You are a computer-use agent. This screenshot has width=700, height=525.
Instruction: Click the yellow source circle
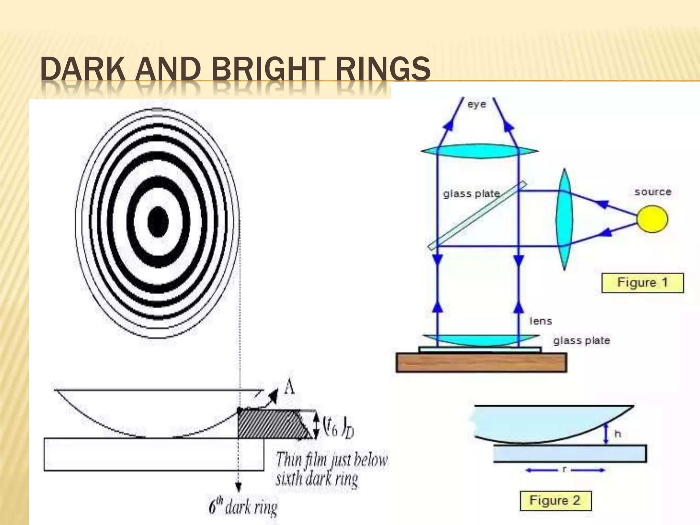tap(652, 219)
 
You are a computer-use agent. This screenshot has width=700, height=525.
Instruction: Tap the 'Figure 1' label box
tap(642, 283)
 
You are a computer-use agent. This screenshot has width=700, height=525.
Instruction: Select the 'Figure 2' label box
tap(555, 500)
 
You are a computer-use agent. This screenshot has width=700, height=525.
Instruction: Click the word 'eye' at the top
tap(476, 104)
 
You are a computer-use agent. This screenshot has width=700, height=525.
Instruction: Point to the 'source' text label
tap(653, 192)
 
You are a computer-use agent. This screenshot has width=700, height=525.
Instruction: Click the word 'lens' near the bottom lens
tap(541, 321)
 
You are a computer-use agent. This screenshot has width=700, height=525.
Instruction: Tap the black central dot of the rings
tap(158, 222)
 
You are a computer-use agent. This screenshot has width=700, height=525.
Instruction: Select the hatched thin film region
tap(273, 424)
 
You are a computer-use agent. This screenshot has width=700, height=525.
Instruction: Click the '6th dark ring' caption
tap(243, 507)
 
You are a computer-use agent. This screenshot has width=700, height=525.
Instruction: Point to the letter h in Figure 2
tap(618, 434)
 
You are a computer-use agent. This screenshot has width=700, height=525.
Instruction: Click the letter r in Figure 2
tap(564, 470)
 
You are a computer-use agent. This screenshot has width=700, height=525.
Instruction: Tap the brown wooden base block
tap(481, 362)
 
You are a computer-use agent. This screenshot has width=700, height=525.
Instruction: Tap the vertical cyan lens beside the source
tap(564, 219)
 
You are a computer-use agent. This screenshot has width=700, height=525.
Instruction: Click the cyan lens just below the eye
tap(480, 151)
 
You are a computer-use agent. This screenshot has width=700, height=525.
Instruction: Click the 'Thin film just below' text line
tap(332, 459)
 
